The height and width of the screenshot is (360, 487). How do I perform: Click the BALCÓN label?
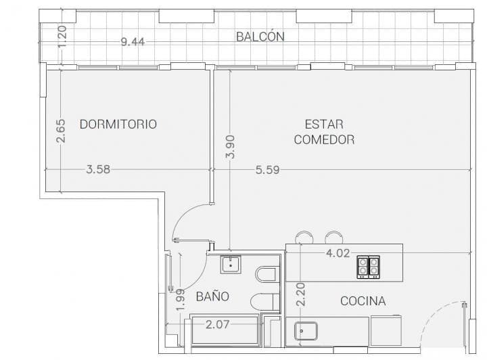click(260, 37)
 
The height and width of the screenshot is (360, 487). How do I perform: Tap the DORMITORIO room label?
click(118, 125)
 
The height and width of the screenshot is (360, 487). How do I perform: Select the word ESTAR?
click(324, 125)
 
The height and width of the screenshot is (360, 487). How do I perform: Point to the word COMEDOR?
click(324, 139)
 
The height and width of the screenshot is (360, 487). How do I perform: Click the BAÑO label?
click(213, 296)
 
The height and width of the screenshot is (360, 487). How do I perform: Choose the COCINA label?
click(363, 300)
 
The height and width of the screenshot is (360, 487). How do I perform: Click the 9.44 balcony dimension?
click(133, 41)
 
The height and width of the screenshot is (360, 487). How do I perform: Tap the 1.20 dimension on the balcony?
click(62, 37)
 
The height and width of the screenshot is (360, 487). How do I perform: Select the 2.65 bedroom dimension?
click(61, 131)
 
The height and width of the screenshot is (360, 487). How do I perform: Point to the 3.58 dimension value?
click(98, 169)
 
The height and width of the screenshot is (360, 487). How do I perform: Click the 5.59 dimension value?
click(267, 170)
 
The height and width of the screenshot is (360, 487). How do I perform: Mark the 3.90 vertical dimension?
click(230, 147)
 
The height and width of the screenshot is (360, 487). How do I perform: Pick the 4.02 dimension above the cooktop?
click(338, 253)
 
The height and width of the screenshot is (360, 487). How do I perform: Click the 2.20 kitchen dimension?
click(300, 294)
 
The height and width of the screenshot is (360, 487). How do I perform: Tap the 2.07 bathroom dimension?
click(217, 325)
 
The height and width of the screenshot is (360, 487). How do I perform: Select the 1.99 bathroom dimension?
click(180, 300)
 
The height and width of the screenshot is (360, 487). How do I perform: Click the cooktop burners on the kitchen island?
click(368, 267)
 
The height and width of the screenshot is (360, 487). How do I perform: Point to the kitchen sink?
click(306, 331)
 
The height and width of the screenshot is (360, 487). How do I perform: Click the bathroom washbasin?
click(231, 265)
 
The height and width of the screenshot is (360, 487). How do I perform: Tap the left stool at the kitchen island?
click(304, 238)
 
